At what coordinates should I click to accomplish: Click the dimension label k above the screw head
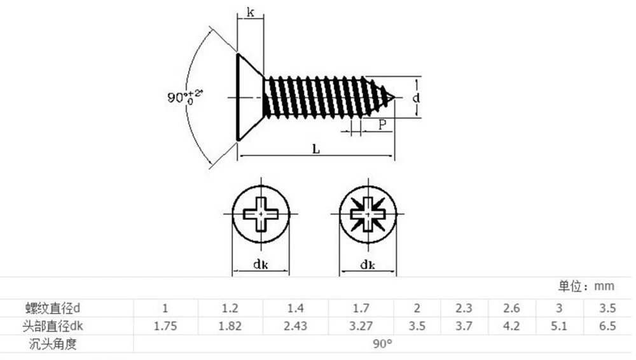(x=251, y=13)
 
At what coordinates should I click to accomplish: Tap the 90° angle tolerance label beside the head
(x=184, y=97)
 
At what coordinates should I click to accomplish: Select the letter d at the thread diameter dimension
(x=416, y=98)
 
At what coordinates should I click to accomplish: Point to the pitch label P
(x=382, y=125)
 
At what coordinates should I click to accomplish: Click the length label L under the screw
(x=316, y=149)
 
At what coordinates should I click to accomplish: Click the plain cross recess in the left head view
(x=261, y=214)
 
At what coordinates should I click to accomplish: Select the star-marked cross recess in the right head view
(x=368, y=214)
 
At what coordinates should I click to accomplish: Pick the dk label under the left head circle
(x=260, y=265)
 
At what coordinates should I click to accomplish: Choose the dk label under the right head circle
(x=368, y=265)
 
